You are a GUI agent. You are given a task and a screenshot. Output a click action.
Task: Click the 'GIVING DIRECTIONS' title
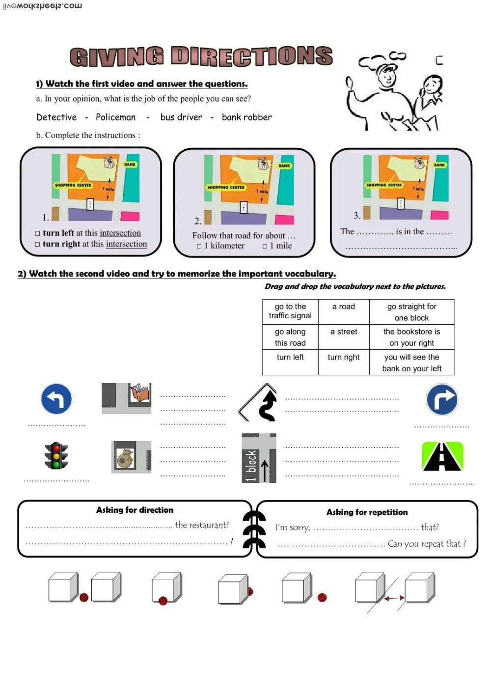pyautogui.click(x=201, y=56)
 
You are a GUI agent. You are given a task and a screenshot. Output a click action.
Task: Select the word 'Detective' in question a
pyautogui.click(x=56, y=117)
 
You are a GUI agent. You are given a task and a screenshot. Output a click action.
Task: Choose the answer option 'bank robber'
pyautogui.click(x=246, y=117)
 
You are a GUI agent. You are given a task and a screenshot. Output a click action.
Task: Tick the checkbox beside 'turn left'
pyautogui.click(x=38, y=233)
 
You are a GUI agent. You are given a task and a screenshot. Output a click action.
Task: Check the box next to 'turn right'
pyautogui.click(x=38, y=244)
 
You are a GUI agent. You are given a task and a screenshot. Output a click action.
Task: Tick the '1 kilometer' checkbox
pyautogui.click(x=199, y=246)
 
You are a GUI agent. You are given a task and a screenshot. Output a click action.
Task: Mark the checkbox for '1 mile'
pyautogui.click(x=265, y=246)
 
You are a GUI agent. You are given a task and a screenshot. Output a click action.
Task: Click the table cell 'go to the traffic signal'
pyautogui.click(x=290, y=311)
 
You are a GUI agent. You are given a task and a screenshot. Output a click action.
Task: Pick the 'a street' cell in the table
pyautogui.click(x=344, y=332)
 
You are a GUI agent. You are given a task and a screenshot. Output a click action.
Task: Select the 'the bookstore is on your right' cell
pyautogui.click(x=411, y=337)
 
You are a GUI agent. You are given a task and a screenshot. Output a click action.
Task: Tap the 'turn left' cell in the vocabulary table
pyautogui.click(x=290, y=358)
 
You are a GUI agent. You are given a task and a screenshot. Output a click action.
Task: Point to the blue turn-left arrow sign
pyautogui.click(x=56, y=399)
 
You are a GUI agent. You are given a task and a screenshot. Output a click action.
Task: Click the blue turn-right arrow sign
pyautogui.click(x=442, y=400)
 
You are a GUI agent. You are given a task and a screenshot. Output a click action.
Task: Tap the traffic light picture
pyautogui.click(x=56, y=456)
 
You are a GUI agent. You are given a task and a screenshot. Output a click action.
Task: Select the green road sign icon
pyautogui.click(x=442, y=457)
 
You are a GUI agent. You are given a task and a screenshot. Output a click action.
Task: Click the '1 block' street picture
pyautogui.click(x=259, y=458)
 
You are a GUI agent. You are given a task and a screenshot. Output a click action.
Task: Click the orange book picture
pyautogui.click(x=139, y=393)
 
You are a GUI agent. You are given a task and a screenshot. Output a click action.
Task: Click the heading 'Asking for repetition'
pyautogui.click(x=367, y=512)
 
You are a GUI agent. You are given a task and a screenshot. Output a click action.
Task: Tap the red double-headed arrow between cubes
pyautogui.click(x=394, y=598)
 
